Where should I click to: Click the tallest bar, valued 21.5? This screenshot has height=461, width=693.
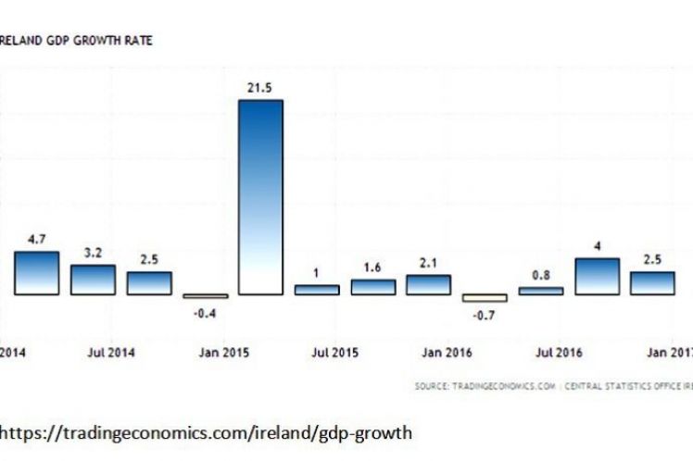pos(260,196)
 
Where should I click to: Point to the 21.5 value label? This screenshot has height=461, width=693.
pos(260,87)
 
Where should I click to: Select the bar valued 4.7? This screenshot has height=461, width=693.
pos(37,273)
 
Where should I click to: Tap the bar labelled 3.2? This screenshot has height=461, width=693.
pos(93,280)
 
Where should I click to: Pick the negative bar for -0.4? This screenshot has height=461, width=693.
pos(205,296)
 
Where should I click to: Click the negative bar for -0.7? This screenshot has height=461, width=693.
pos(485,298)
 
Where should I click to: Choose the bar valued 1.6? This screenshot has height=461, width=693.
pos(373,287)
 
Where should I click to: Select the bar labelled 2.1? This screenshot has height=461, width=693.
pos(429,285)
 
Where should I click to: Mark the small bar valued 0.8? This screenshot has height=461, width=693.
pos(541,291)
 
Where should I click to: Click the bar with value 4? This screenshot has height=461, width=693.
pos(597,276)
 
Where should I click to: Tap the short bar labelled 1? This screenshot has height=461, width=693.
pos(317,290)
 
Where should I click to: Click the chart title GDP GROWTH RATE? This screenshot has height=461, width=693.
pos(78,41)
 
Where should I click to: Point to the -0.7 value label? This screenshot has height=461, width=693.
pos(485,317)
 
